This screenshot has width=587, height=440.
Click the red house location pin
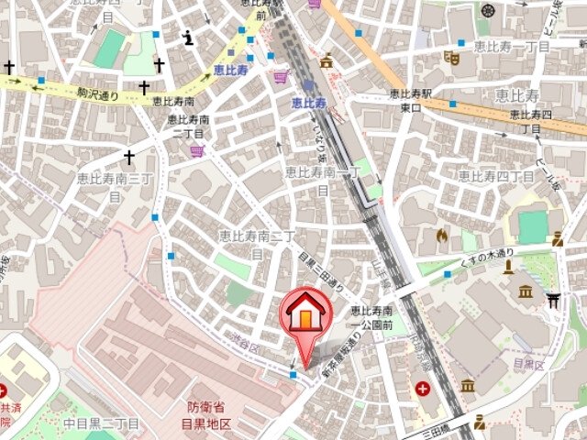[x=305, y=316]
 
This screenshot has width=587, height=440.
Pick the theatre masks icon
[x=450, y=57]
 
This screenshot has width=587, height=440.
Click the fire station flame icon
[x=442, y=236]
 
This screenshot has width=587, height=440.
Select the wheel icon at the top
[x=487, y=11]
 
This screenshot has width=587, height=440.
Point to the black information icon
[x=189, y=38]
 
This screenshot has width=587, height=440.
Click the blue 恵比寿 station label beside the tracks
[x=309, y=104]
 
